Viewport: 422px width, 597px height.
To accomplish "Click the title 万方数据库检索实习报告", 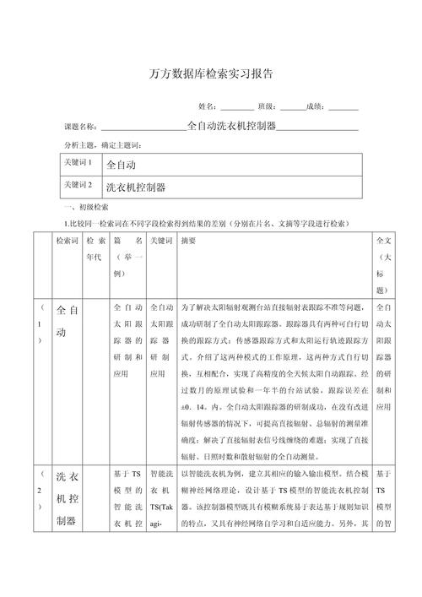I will point(211,73).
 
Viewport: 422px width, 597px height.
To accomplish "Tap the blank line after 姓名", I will point(236,107).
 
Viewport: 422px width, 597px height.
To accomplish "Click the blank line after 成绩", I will point(344,107).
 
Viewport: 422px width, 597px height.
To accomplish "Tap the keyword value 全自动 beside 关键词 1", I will point(122,163).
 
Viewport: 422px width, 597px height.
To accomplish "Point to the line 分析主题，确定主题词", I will point(102,145).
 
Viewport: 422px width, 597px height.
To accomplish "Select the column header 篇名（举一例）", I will point(127,257).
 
